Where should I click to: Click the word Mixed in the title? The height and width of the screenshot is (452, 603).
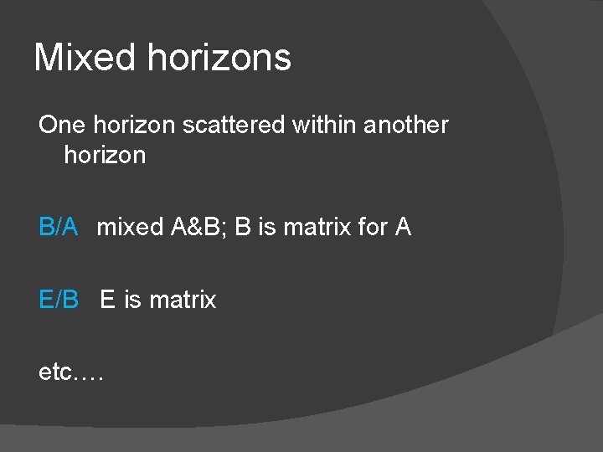point(84,58)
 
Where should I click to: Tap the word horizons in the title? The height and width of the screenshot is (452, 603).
point(219,58)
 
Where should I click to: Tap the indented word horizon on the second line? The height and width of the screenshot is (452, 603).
point(105,156)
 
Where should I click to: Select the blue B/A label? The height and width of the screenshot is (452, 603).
point(59,227)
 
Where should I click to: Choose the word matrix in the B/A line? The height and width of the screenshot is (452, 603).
point(317,227)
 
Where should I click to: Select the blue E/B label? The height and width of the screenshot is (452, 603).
point(59,300)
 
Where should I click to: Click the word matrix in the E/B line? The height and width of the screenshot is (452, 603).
point(183,300)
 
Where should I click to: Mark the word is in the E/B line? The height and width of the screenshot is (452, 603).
point(132,300)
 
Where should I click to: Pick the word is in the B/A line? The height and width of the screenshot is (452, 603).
point(266,227)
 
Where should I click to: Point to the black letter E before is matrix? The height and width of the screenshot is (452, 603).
point(107,300)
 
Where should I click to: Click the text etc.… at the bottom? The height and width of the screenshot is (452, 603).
point(70,372)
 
